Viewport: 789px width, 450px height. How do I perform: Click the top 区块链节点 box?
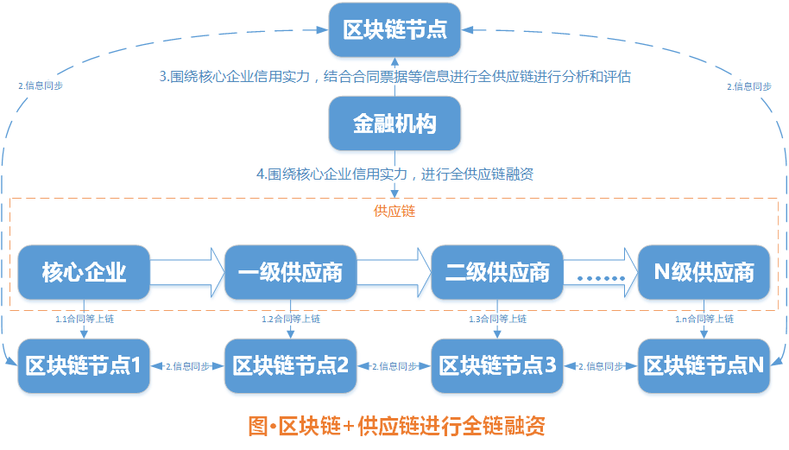(394, 30)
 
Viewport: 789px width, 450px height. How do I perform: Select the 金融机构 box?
(394, 123)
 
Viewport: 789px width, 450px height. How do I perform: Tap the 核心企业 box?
(84, 273)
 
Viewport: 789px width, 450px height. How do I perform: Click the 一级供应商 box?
(290, 273)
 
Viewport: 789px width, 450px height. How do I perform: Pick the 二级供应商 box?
(497, 273)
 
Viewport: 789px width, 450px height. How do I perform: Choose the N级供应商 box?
(704, 273)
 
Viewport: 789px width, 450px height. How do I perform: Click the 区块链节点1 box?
(84, 365)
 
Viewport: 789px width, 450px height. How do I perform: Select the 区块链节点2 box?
(290, 365)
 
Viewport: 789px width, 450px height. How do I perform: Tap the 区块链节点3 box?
(497, 365)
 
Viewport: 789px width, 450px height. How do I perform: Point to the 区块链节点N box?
(704, 365)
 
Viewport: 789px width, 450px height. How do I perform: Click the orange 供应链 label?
(394, 211)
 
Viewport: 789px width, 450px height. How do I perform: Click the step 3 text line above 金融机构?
(394, 76)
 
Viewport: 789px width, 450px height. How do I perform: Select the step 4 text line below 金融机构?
(394, 174)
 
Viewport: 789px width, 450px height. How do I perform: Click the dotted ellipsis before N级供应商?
(600, 277)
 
